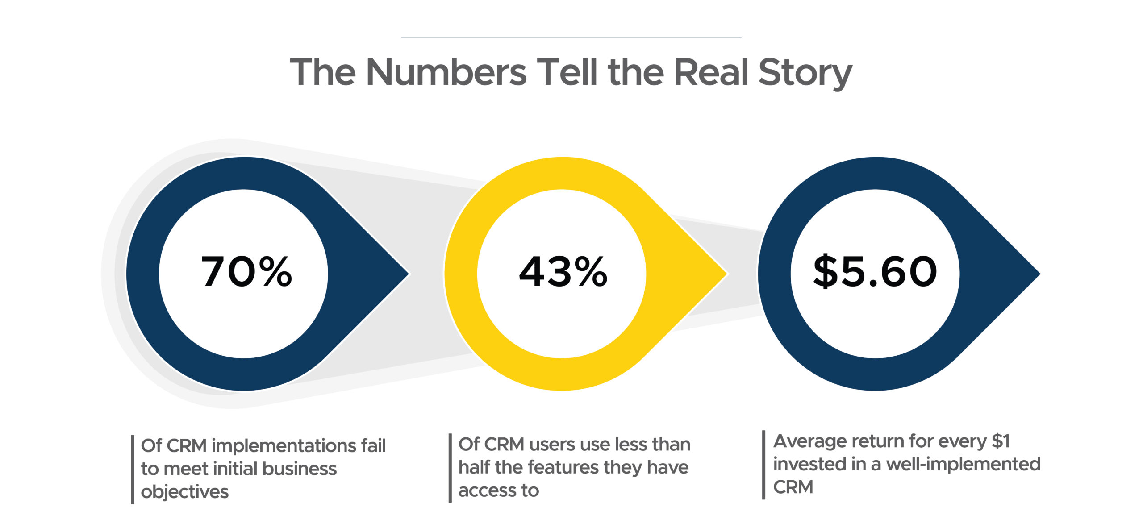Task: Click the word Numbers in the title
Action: [x=446, y=72]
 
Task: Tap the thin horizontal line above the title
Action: [x=571, y=37]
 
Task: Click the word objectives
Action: [x=184, y=492]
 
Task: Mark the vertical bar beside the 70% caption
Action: [x=133, y=470]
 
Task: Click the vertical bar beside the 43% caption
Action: [x=450, y=468]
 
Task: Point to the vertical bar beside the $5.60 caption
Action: [x=764, y=465]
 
